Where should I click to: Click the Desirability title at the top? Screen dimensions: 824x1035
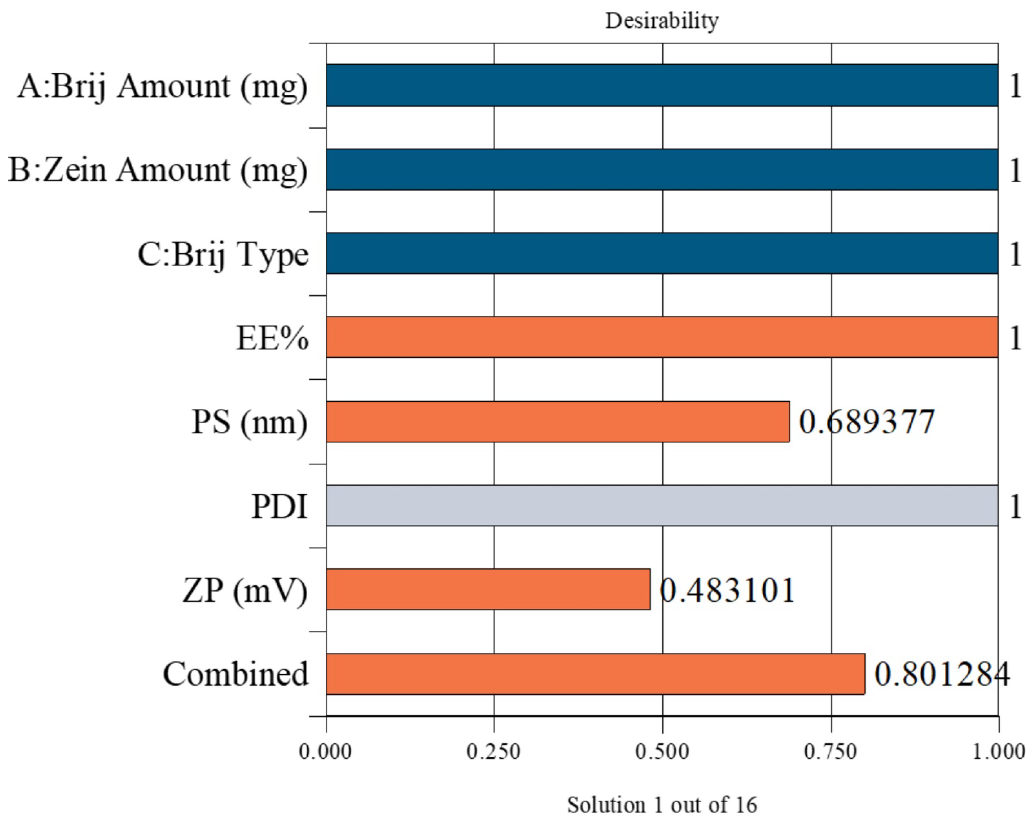(662, 21)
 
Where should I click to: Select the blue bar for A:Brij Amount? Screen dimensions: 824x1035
(662, 85)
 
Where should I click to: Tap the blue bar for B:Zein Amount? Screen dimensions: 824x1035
(662, 169)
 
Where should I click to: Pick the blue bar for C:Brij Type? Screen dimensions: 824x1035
(662, 253)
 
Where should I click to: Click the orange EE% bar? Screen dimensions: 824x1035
(662, 337)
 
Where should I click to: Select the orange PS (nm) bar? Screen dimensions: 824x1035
(557, 421)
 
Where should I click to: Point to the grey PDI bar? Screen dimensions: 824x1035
(662, 505)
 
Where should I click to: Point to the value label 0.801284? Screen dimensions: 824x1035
(942, 674)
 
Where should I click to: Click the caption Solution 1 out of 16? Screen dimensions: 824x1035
(662, 805)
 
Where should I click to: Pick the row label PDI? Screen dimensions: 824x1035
(280, 506)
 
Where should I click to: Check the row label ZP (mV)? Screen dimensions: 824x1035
(245, 590)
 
